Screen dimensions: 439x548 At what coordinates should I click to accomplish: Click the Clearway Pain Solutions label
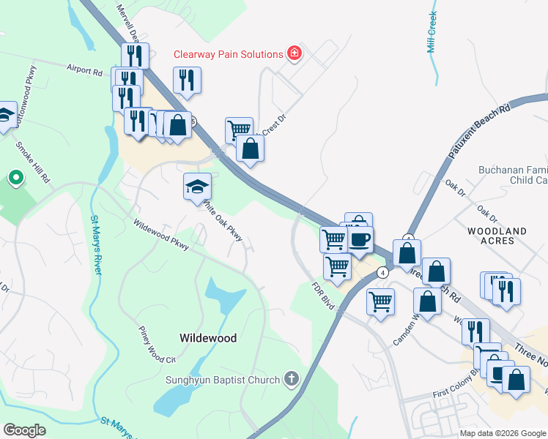pyautogui.click(x=228, y=54)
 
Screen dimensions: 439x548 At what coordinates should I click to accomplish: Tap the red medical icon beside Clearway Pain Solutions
pyautogui.click(x=295, y=53)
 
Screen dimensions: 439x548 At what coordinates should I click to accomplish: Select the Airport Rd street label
pyautogui.click(x=84, y=71)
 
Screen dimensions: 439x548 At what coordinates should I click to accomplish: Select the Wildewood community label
pyautogui.click(x=208, y=338)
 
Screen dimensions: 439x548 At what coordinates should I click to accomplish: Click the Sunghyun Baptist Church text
pyautogui.click(x=223, y=380)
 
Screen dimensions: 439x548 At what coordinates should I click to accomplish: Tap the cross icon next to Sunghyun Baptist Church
pyautogui.click(x=292, y=379)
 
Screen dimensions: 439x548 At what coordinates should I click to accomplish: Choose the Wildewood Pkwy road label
pyautogui.click(x=161, y=234)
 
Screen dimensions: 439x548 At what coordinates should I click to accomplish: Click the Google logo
pyautogui.click(x=25, y=430)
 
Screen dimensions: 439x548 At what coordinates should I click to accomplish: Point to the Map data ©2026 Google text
pyautogui.click(x=502, y=433)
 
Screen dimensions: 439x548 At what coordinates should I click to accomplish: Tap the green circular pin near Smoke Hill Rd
pyautogui.click(x=15, y=178)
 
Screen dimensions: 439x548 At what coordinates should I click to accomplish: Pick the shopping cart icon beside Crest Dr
pyautogui.click(x=239, y=130)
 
